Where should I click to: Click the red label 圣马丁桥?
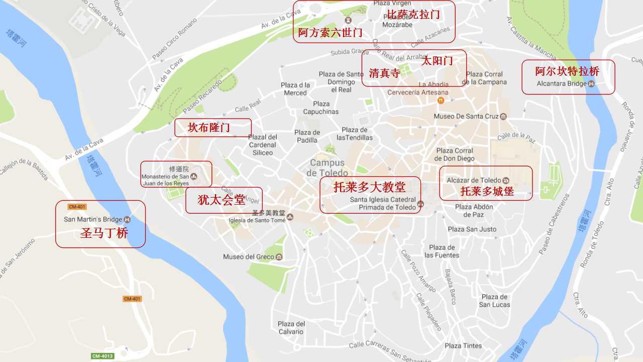click(x=104, y=233)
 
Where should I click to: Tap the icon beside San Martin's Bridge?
click(x=127, y=219)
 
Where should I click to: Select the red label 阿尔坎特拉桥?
click(x=567, y=71)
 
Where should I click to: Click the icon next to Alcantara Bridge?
click(x=591, y=83)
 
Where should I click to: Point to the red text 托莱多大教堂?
click(x=369, y=187)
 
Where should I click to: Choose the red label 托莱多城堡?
click(x=487, y=191)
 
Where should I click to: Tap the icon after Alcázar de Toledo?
click(x=506, y=180)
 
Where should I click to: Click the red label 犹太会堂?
click(x=222, y=200)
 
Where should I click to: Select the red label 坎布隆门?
click(x=209, y=128)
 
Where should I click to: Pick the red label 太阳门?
click(x=437, y=61)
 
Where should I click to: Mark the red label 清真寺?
click(x=384, y=73)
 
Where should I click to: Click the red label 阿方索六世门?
click(x=330, y=33)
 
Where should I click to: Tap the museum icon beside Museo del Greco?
click(x=279, y=257)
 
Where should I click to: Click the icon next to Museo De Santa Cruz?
click(x=503, y=116)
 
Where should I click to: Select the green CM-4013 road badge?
click(x=102, y=356)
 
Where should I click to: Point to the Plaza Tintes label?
click(x=463, y=345)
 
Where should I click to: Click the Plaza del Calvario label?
click(x=291, y=328)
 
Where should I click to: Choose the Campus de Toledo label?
click(x=327, y=167)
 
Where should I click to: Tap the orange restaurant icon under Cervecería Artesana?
click(x=441, y=100)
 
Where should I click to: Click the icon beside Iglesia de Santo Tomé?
click(x=290, y=217)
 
